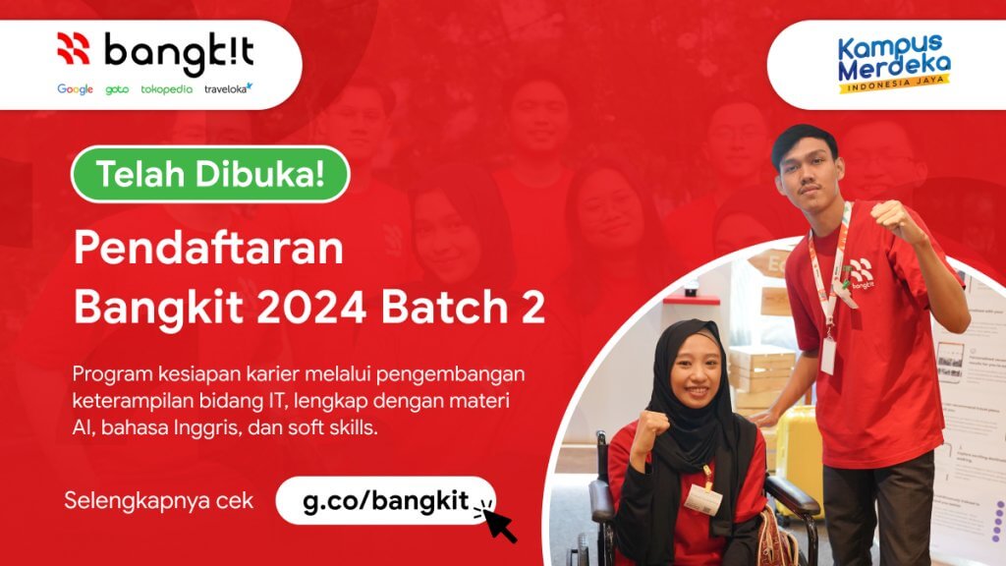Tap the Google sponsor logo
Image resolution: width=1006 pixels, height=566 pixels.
pos(75,89)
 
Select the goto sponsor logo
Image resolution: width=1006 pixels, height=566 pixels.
pos(117,89)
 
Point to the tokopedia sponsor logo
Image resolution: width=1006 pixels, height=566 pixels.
pos(166,89)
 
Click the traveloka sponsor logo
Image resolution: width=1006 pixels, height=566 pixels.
pos(228,88)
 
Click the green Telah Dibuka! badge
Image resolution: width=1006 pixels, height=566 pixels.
pos(209,174)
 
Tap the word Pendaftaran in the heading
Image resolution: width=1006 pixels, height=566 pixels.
pos(208,250)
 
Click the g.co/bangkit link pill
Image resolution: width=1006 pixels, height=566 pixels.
pos(384,499)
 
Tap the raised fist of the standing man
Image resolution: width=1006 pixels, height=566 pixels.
pos(895,218)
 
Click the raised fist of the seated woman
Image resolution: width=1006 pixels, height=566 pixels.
pos(649,427)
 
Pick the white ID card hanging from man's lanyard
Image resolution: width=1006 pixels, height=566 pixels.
pos(828,355)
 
